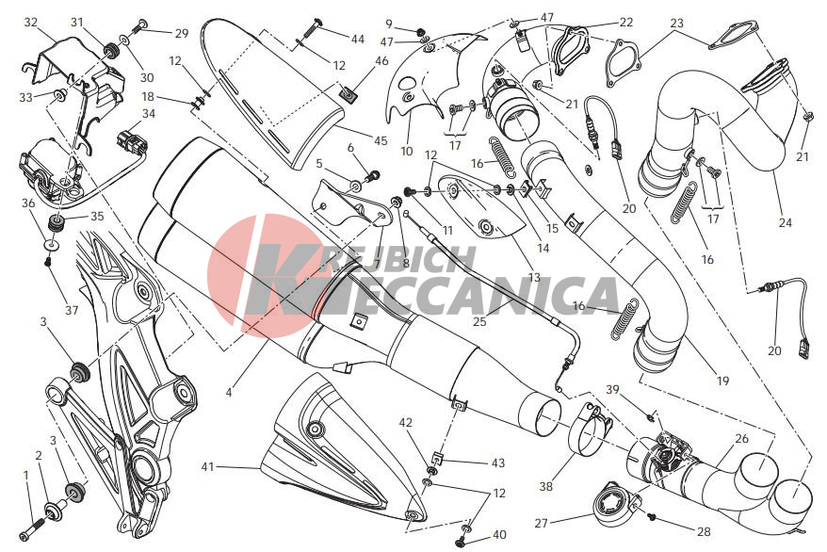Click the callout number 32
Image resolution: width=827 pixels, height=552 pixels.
click(x=31, y=23)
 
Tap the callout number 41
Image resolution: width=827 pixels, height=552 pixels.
click(x=208, y=466)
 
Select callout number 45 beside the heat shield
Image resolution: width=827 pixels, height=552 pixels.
click(x=381, y=140)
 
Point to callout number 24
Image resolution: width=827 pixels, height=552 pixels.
click(x=786, y=222)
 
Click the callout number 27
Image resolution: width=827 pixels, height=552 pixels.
click(x=542, y=523)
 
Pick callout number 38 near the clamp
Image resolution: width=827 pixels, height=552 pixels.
click(x=546, y=485)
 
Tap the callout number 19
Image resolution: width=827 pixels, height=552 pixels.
click(x=722, y=381)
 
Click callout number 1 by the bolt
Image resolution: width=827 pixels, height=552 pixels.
click(x=25, y=476)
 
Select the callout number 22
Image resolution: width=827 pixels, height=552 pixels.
click(x=625, y=23)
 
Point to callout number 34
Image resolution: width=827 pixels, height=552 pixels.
click(x=149, y=113)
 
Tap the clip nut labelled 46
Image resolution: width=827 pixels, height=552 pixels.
click(x=349, y=94)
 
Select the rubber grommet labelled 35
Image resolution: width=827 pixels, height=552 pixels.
click(x=56, y=222)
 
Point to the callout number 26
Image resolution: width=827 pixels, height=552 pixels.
click(x=741, y=438)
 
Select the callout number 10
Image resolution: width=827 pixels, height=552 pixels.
click(x=406, y=152)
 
